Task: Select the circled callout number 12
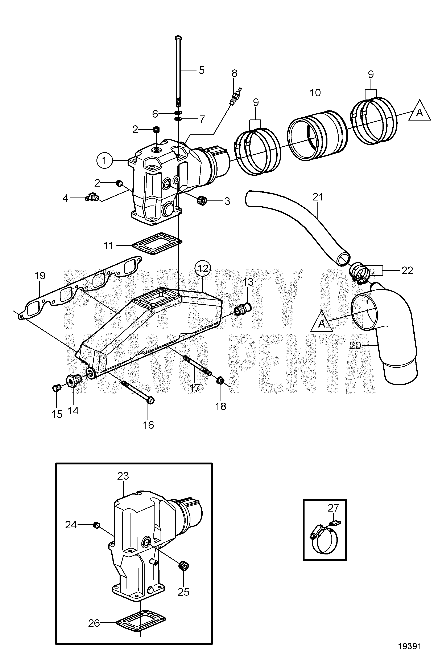tap(203, 268)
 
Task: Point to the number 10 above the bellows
tap(315, 93)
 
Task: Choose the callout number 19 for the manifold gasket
tap(40, 276)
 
